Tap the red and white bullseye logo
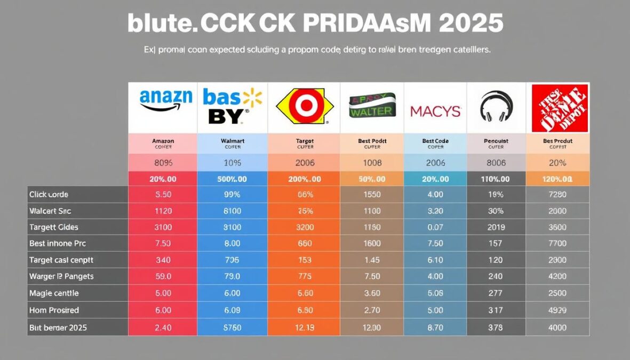305,107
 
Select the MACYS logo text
435,111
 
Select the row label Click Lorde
49,195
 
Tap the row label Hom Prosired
54,310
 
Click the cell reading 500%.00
232,179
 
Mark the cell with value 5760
232,327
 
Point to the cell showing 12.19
304,327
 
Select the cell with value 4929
557,310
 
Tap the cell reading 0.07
435,227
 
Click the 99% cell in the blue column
232,195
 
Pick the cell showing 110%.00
496,179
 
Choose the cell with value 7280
557,195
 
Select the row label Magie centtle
54,293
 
